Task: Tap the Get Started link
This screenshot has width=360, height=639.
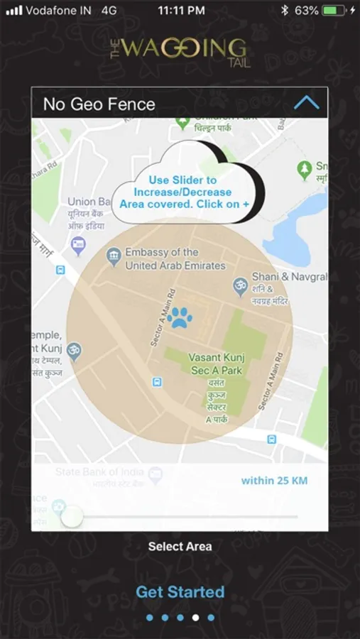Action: point(180,592)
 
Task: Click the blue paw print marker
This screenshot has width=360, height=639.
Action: point(180,317)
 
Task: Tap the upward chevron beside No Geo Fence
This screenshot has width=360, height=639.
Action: point(307,103)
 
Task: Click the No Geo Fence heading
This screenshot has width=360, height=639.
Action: point(99,104)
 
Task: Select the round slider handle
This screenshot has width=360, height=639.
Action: point(72,517)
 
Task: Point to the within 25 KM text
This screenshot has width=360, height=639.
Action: point(274,481)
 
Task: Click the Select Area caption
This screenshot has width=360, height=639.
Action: point(180,547)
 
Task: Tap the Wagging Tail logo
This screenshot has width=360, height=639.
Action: point(180,50)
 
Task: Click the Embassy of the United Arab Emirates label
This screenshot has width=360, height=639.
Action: point(175,258)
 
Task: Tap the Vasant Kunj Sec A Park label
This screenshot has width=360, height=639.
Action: point(215,364)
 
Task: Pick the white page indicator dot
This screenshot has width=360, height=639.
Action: point(195,618)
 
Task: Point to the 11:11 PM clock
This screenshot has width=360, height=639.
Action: point(181,11)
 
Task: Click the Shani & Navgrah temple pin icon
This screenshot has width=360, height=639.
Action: point(241,286)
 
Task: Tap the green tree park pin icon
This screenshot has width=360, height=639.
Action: point(304,170)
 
